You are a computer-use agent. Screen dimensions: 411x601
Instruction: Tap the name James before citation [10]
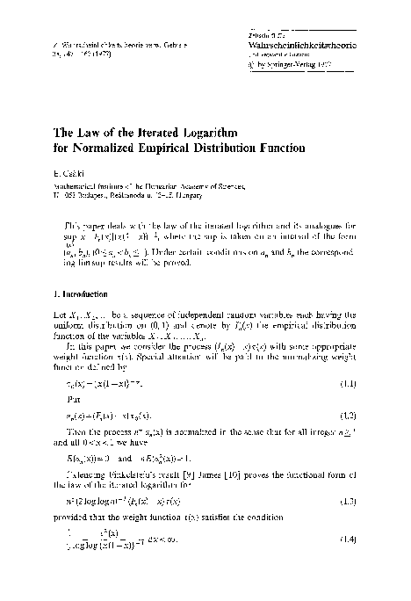coord(197,487)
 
